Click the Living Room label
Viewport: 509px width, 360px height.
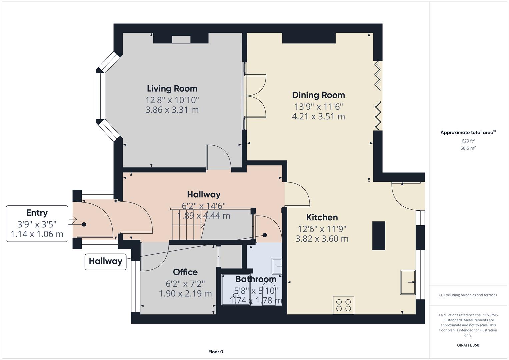pos(172,89)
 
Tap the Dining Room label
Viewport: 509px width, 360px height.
pos(318,95)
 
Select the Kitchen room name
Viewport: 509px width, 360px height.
pos(322,217)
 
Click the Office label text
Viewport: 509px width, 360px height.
pos(185,272)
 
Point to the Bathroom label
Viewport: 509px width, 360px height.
pos(256,279)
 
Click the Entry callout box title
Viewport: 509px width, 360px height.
pos(37,213)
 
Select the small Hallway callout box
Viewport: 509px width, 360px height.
pos(105,261)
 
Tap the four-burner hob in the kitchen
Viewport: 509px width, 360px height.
pos(343,305)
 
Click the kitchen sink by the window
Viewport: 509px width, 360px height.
pos(408,282)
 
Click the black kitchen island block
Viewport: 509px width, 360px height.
pos(379,236)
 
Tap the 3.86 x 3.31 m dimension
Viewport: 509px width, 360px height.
pos(172,110)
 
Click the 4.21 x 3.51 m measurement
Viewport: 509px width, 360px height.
pos(318,116)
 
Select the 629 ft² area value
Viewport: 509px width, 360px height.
pos(468,141)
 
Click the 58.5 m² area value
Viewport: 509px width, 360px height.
pos(468,148)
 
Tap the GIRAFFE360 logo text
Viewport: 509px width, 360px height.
pos(468,345)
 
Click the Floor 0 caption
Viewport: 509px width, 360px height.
pos(216,352)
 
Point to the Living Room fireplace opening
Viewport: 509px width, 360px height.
pos(181,39)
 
